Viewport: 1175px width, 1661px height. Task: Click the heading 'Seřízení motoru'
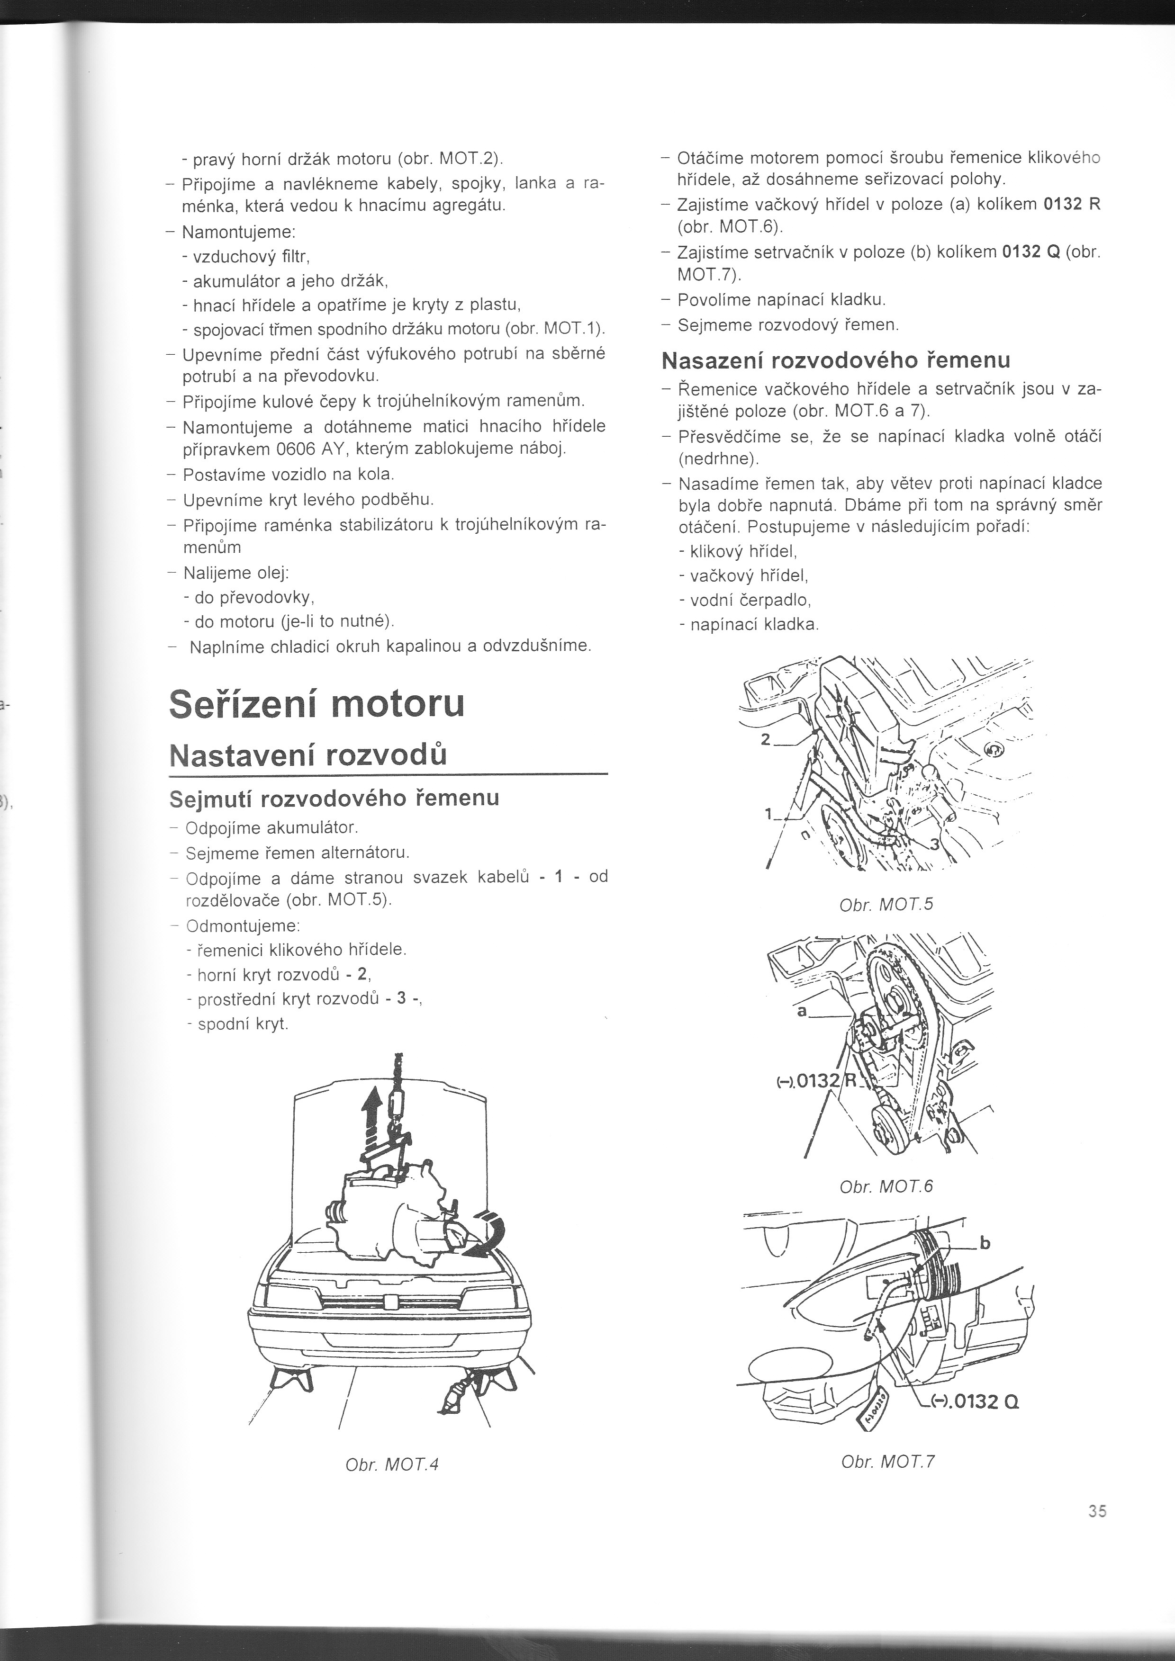pos(316,704)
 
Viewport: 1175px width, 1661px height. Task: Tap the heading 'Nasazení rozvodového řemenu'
pos(836,359)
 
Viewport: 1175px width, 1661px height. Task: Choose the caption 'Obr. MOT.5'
pos(886,904)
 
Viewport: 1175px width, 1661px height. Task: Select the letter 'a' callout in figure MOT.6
pos(801,1011)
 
